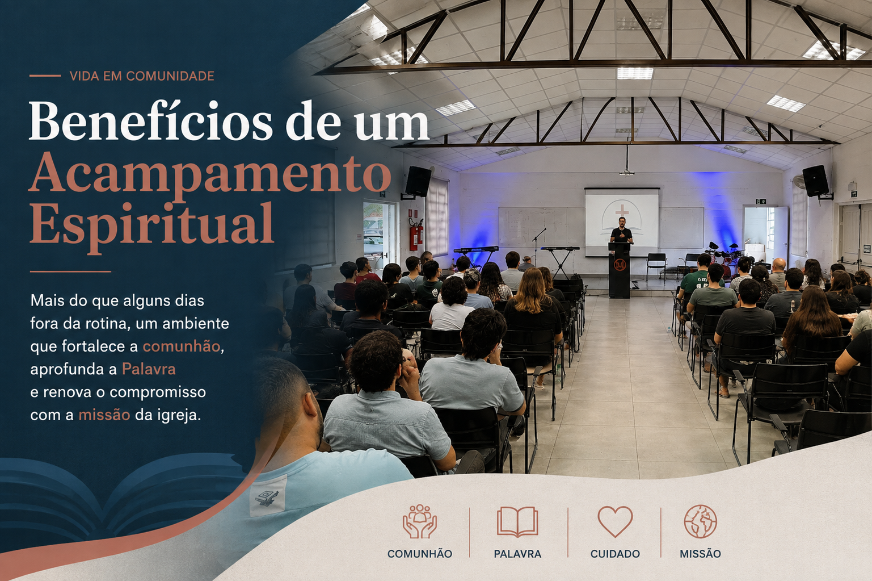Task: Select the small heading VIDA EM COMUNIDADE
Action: coord(142,76)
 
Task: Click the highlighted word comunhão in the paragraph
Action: coord(182,346)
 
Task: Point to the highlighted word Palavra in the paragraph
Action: coord(149,369)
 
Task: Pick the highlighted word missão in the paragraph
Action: coord(104,415)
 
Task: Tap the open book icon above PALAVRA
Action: coord(517,522)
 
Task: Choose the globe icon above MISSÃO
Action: coord(700,521)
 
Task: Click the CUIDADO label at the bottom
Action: coord(615,554)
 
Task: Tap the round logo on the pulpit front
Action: coord(620,265)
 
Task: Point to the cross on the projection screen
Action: coord(622,212)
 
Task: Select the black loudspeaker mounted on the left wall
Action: coord(419,182)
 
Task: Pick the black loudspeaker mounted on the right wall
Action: coord(816,181)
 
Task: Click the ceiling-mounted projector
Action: coord(627,172)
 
